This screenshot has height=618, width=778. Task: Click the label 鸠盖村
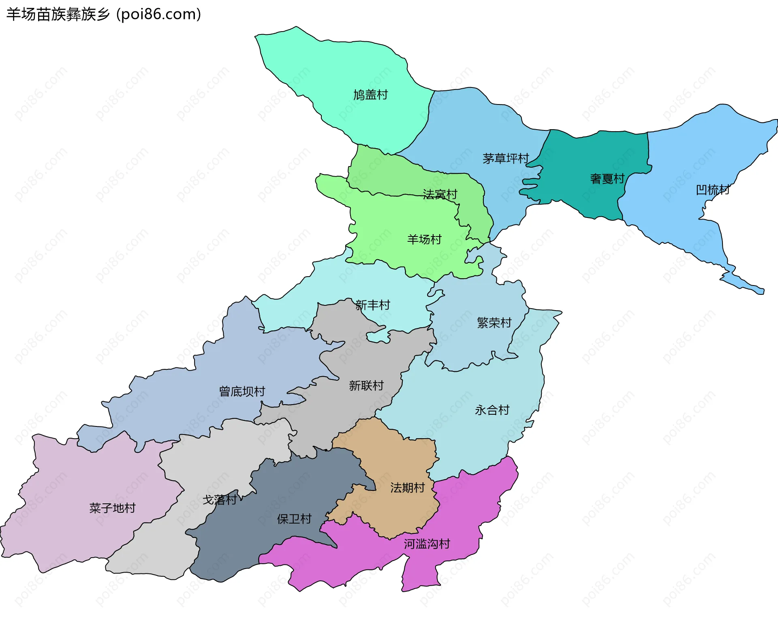(x=370, y=95)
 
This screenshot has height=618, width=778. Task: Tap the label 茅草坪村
(x=506, y=158)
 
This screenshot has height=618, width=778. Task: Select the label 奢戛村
(x=607, y=179)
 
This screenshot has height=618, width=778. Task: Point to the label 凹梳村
(x=713, y=190)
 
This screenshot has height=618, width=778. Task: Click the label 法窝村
(x=440, y=194)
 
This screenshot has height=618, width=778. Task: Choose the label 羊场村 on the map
(x=424, y=239)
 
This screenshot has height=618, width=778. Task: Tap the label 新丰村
(x=372, y=305)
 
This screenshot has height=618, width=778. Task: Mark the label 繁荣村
(x=494, y=323)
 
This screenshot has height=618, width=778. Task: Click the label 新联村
(x=366, y=386)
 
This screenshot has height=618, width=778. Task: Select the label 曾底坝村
(x=242, y=392)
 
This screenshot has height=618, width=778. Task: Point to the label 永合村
(x=492, y=410)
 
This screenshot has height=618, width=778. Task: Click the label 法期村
(x=407, y=488)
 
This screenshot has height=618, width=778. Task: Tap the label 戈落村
(x=219, y=500)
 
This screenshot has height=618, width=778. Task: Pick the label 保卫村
(x=294, y=519)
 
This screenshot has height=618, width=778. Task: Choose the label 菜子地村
(x=112, y=508)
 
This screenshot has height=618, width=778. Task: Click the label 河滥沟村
(x=427, y=544)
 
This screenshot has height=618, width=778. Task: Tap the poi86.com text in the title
(x=158, y=15)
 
